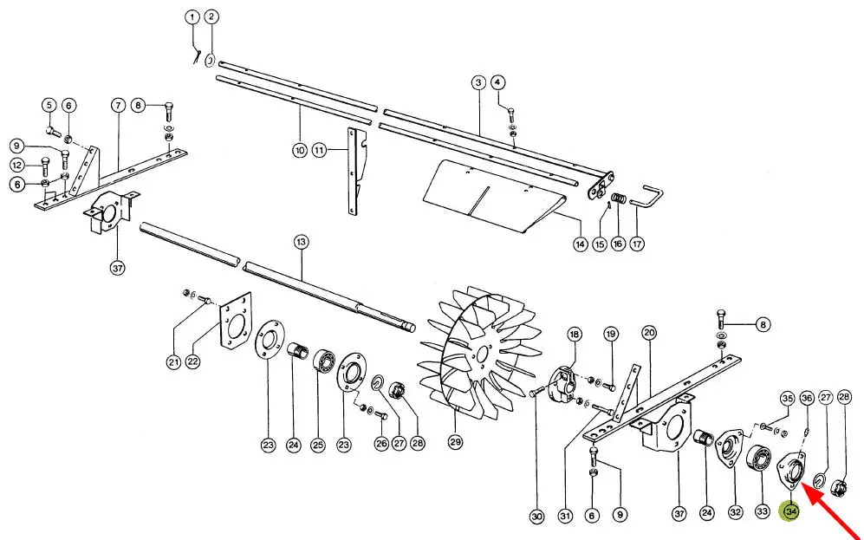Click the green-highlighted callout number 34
tap(790, 512)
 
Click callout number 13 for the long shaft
tap(302, 242)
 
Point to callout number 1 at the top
tap(192, 17)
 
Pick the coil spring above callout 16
tap(620, 198)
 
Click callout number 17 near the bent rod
tap(637, 244)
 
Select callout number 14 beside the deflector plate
tap(580, 244)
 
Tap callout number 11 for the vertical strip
tap(320, 150)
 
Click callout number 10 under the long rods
tap(299, 150)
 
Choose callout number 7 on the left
tap(119, 105)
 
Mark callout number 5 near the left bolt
tap(49, 105)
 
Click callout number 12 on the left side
tap(17, 164)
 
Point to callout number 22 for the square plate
tap(193, 362)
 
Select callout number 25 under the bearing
tap(318, 445)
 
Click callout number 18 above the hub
tap(575, 334)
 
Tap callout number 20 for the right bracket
tap(649, 332)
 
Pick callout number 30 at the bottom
tap(536, 517)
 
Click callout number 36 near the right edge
tap(807, 398)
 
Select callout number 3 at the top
tap(477, 82)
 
